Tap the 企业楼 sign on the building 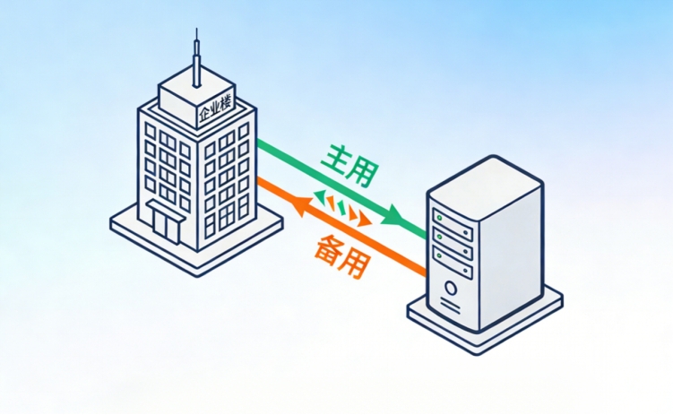pos(215,110)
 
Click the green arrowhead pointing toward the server pos(394,216)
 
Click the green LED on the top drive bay pos(438,217)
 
